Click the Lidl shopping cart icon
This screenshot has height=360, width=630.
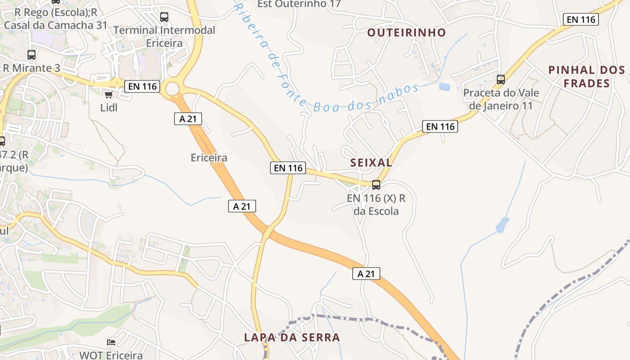pos(108,94)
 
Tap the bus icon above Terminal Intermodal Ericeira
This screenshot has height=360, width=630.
pos(164,17)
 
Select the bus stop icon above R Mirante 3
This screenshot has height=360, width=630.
pos(31,55)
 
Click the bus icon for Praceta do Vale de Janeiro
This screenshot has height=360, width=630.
pos(501,80)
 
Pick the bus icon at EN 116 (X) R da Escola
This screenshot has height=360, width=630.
pos(376,184)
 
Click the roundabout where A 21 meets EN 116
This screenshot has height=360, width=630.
pos(172,89)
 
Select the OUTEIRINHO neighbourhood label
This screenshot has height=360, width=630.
pos(406,32)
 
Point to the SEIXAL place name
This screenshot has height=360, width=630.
pos(371,163)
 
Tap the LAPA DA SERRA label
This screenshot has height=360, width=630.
pos(292,337)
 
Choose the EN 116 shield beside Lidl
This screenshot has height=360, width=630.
pos(143,86)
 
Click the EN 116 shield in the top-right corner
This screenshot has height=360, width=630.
pos(581,19)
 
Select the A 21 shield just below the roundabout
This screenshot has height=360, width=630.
pos(188,119)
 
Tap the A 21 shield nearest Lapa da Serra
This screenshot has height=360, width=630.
pos(366,274)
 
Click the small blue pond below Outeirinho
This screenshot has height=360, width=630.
pos(444,86)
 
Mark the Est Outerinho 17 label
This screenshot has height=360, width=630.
pos(299,4)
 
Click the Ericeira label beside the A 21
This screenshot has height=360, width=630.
pos(209,158)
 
